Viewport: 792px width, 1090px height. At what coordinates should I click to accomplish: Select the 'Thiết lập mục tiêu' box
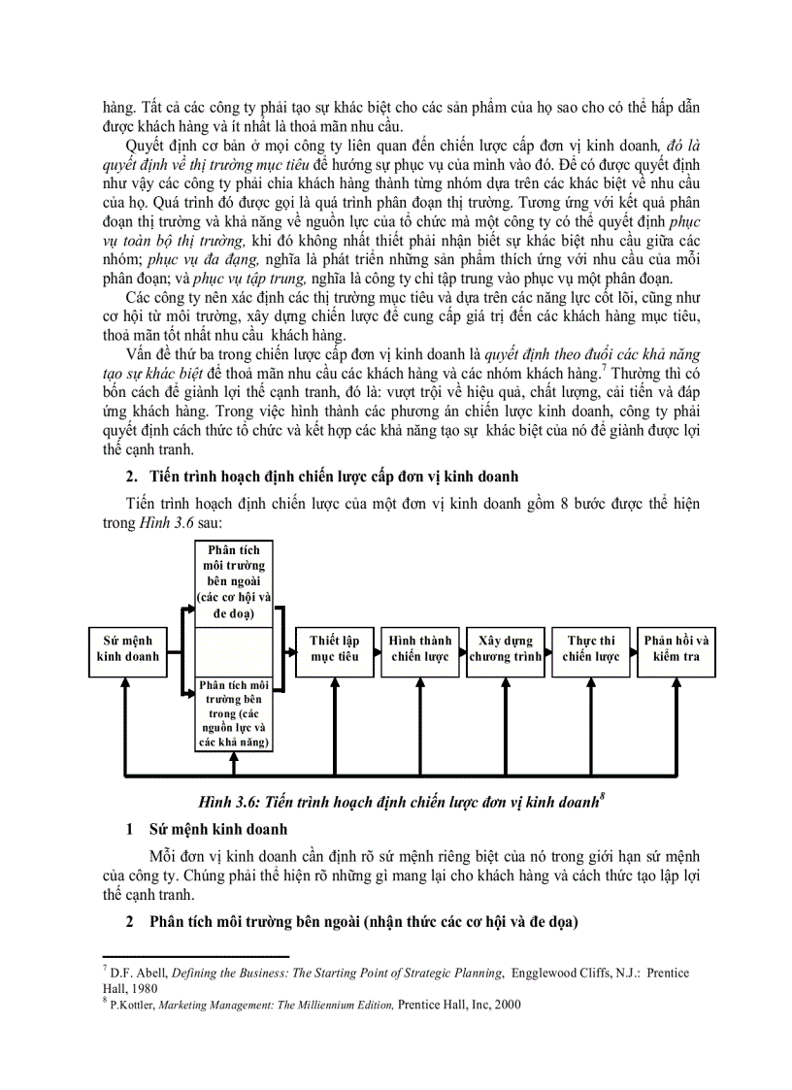tap(334, 649)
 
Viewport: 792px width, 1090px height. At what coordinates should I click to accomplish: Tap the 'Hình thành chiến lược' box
tap(419, 649)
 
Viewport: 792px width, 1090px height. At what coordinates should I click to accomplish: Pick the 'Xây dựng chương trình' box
tap(505, 649)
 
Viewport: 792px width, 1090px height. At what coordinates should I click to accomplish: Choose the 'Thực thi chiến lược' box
tap(590, 649)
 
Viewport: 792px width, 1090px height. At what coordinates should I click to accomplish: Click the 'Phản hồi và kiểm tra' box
tap(676, 649)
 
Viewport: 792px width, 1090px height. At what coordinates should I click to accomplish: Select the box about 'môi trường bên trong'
tap(233, 713)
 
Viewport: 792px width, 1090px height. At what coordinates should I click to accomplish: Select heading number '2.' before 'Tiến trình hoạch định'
tap(132, 477)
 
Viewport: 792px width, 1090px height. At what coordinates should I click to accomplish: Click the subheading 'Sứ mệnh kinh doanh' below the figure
tap(217, 830)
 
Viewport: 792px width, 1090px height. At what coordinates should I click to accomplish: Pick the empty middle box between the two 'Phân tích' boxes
tap(233, 649)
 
